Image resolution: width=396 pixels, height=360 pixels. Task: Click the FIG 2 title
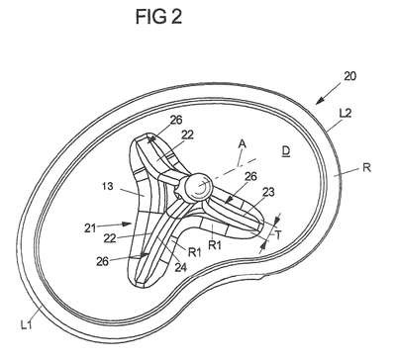[158, 17]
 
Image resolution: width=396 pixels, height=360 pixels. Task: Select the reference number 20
[349, 76]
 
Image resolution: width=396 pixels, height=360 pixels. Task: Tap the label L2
[346, 113]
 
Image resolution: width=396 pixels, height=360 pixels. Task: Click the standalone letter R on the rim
[366, 168]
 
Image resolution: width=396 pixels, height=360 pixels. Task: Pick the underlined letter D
[285, 151]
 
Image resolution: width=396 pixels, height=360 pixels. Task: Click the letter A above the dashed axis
[243, 144]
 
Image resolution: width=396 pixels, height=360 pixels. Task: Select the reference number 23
[267, 192]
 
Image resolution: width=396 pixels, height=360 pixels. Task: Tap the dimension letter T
[278, 235]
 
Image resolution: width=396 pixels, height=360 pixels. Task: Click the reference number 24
[180, 267]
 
